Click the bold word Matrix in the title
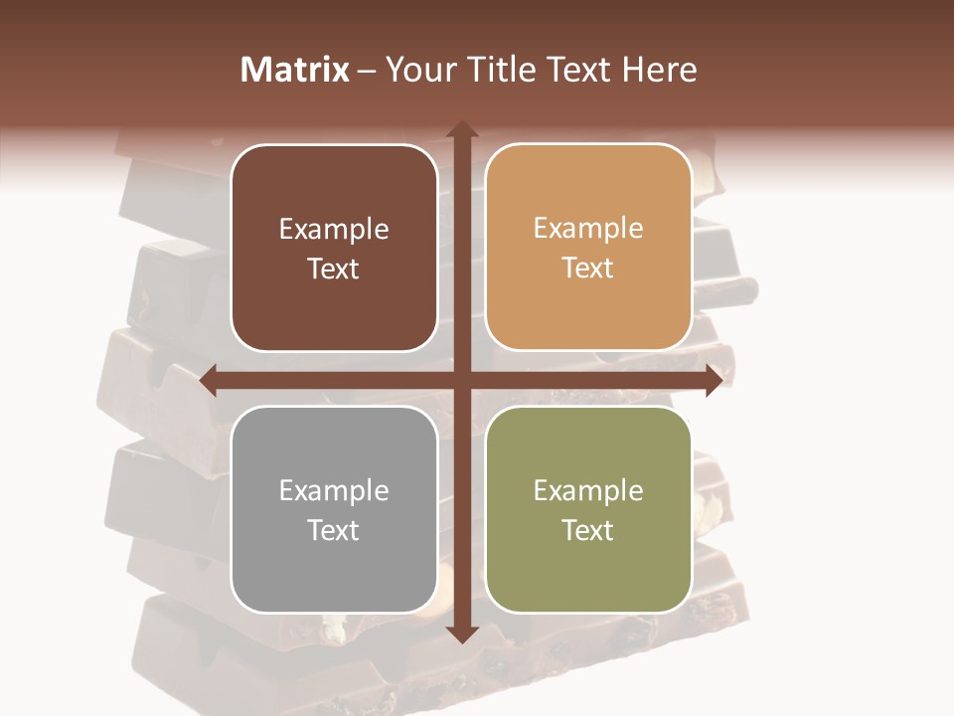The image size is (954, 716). click(295, 70)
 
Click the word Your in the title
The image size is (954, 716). click(416, 70)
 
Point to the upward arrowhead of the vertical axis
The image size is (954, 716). click(461, 129)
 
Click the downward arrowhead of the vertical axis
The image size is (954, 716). click(461, 633)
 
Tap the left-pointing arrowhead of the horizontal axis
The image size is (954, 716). click(209, 381)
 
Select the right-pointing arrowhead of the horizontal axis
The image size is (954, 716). click(713, 381)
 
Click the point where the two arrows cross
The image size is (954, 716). click(461, 381)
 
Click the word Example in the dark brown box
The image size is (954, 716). click(334, 230)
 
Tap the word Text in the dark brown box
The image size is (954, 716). click(334, 268)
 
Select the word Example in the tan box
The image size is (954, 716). click(588, 229)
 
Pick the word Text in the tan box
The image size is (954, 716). click(588, 268)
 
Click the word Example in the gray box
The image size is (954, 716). click(334, 491)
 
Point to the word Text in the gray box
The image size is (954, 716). click(334, 530)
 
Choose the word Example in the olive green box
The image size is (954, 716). click(588, 491)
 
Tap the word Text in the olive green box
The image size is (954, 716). click(588, 530)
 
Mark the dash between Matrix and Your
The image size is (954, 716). click(367, 70)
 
